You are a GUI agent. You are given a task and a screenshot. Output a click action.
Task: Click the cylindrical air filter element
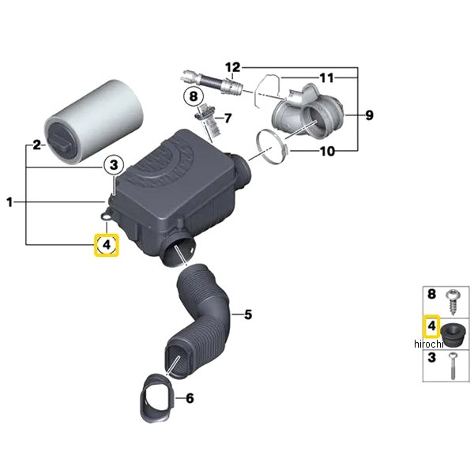coord(94,121)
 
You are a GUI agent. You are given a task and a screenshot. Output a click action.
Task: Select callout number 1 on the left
coord(9,202)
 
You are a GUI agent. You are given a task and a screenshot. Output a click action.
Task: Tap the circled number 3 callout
coord(114,165)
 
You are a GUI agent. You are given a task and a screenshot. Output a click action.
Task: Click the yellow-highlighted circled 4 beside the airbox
coord(107,245)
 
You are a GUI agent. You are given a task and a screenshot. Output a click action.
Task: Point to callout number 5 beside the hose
coord(248,314)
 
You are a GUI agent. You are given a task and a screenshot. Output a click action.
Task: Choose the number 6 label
coord(190,398)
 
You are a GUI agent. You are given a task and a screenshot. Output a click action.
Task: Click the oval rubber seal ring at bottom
coord(156,398)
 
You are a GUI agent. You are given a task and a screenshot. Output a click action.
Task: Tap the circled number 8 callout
coord(194,96)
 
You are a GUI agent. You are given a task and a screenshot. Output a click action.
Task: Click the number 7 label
coord(228,118)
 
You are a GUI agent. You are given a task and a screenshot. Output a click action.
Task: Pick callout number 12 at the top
coord(232,67)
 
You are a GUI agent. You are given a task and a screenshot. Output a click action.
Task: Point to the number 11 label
coord(326,78)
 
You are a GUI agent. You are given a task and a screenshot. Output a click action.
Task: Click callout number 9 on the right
coord(370,115)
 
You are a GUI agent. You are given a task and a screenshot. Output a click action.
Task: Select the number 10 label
coord(327,151)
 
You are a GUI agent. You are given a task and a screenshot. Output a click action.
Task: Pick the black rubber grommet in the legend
coord(452,337)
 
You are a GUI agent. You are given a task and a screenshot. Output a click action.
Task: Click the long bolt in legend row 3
coord(453,366)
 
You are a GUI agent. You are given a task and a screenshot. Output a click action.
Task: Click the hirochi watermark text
coord(429,344)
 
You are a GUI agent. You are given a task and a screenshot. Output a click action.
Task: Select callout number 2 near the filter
coord(36,145)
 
